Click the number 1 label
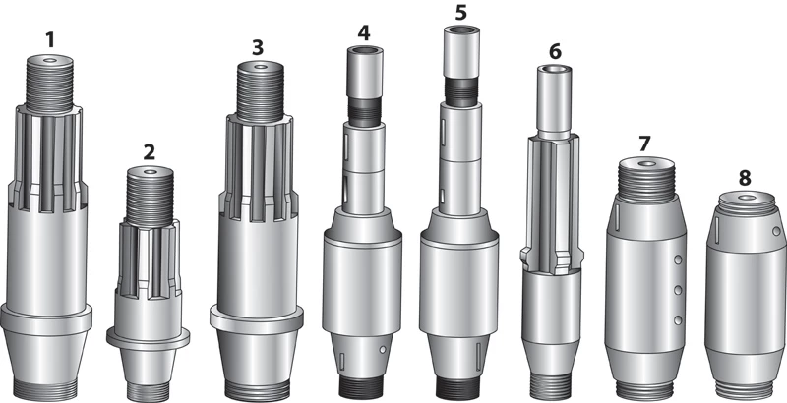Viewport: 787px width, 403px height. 50,40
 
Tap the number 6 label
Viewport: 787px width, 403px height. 555,51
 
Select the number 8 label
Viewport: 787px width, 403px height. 745,178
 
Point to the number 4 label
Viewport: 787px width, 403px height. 364,32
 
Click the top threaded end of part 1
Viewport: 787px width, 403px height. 49,84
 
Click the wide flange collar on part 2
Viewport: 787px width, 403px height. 149,338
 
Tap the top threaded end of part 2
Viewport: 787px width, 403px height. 150,197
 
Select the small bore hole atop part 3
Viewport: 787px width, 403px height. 260,66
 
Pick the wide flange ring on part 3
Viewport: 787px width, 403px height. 257,318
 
